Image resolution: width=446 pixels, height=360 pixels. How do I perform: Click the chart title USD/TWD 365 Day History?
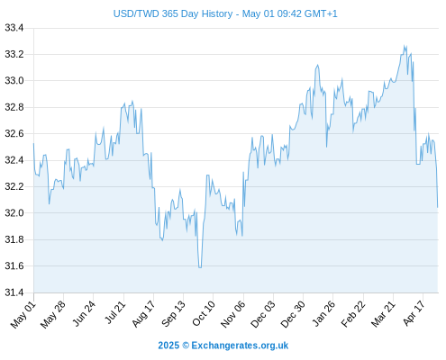click(173, 13)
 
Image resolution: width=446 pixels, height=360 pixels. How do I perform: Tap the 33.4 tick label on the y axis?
click(14, 28)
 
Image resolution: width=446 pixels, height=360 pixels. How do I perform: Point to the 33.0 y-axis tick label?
click(14, 81)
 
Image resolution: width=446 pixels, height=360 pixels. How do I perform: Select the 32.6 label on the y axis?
click(14, 133)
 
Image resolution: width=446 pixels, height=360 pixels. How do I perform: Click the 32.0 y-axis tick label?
click(14, 213)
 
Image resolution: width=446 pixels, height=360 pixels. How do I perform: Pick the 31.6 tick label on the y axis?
click(14, 266)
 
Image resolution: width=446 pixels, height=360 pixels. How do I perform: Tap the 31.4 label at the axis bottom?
click(14, 292)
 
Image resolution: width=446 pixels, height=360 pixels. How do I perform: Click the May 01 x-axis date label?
click(23, 315)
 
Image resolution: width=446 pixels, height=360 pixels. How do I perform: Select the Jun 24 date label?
click(84, 313)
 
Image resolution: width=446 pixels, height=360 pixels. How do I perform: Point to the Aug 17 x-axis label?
click(143, 314)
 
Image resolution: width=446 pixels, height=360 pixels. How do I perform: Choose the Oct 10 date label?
click(204, 314)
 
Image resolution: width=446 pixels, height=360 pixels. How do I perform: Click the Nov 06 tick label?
click(233, 314)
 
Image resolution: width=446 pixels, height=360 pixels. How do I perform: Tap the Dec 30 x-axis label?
click(293, 314)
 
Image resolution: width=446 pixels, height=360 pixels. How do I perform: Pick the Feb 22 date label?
click(353, 314)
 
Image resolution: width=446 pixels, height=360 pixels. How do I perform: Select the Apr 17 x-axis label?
click(414, 313)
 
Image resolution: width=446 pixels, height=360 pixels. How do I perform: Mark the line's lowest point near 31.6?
click(200, 267)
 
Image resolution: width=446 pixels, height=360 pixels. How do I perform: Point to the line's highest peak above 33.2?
click(405, 45)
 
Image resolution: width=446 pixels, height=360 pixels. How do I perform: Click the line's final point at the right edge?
click(438, 207)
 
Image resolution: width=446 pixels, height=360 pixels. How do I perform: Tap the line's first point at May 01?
click(33, 143)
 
